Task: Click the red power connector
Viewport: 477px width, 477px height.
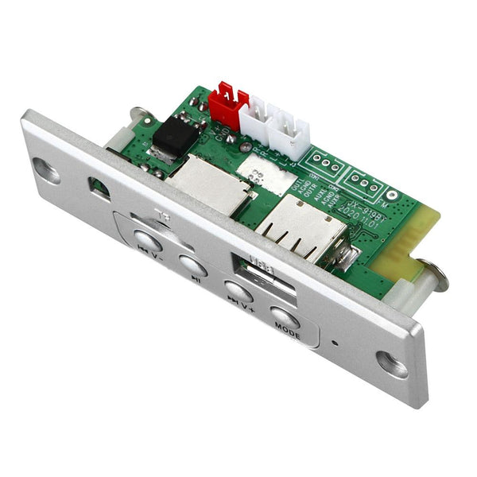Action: click(227, 100)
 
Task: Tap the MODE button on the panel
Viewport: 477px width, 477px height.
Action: click(285, 318)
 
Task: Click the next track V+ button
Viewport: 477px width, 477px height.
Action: click(238, 291)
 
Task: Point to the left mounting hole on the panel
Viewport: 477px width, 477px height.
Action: click(45, 169)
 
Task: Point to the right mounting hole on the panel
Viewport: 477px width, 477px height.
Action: click(391, 363)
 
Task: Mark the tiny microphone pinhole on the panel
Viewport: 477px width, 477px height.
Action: click(335, 345)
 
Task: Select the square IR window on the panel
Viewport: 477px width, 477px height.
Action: click(99, 188)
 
